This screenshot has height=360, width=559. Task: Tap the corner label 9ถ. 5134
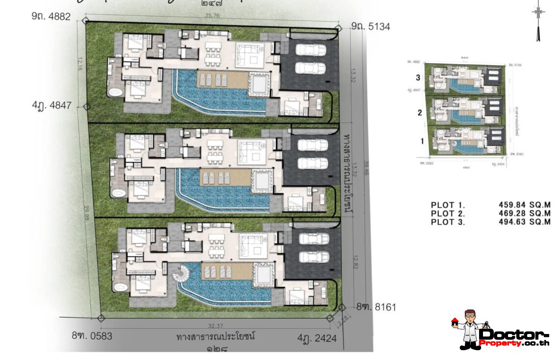370,26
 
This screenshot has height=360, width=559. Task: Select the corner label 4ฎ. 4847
52,105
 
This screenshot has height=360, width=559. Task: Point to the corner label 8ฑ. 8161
376,307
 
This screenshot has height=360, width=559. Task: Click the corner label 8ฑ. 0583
92,336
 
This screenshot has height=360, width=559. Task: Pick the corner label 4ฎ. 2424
317,338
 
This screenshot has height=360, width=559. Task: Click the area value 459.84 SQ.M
525,205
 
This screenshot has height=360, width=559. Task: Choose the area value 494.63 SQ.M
525,222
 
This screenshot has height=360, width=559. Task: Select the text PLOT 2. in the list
448,213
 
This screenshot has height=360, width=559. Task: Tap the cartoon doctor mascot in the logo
466,329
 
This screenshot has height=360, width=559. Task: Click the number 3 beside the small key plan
418,77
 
